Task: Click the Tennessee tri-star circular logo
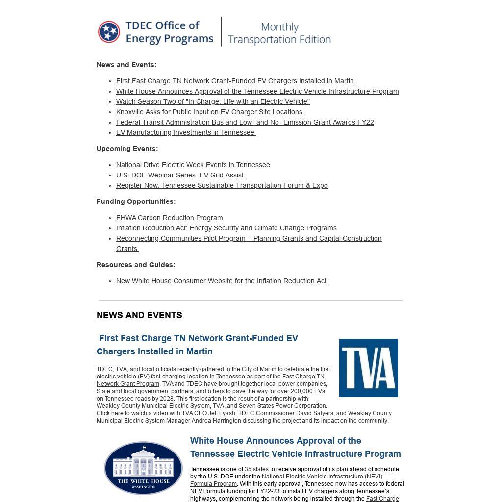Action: click(109, 32)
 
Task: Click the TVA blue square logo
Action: click(368, 368)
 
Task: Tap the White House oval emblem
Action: click(143, 468)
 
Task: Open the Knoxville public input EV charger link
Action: click(209, 112)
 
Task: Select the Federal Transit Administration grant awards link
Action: click(245, 122)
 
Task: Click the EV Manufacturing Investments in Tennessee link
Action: click(185, 132)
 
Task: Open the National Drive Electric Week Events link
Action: click(193, 165)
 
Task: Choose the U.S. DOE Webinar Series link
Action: click(179, 175)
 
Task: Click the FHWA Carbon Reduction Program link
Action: click(169, 218)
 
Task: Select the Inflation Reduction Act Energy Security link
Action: click(226, 228)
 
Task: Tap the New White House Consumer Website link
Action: click(221, 281)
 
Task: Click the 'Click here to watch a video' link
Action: click(132, 413)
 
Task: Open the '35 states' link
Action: click(256, 469)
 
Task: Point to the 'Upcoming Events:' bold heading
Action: click(127, 149)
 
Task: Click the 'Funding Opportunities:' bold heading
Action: click(136, 201)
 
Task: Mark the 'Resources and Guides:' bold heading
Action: click(135, 265)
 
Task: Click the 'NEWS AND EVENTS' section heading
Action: click(139, 315)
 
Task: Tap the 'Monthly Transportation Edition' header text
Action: click(279, 33)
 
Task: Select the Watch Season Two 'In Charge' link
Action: click(213, 101)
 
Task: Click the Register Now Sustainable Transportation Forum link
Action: click(222, 185)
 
